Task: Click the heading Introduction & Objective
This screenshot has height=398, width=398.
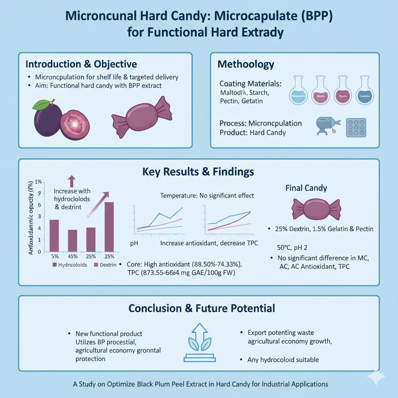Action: click(81, 63)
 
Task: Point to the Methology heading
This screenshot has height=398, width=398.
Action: click(246, 64)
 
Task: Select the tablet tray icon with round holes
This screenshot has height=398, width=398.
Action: click(356, 127)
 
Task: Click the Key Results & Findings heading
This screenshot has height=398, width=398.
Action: click(199, 171)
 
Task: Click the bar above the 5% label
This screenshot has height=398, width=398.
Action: click(54, 236)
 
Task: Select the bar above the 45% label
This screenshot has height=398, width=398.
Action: click(73, 241)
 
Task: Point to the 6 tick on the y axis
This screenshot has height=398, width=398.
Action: click(38, 205)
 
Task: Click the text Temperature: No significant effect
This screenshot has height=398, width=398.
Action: click(207, 196)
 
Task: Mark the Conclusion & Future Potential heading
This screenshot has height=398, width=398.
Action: click(202, 308)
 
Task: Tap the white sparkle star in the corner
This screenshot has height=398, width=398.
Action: click(377, 377)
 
